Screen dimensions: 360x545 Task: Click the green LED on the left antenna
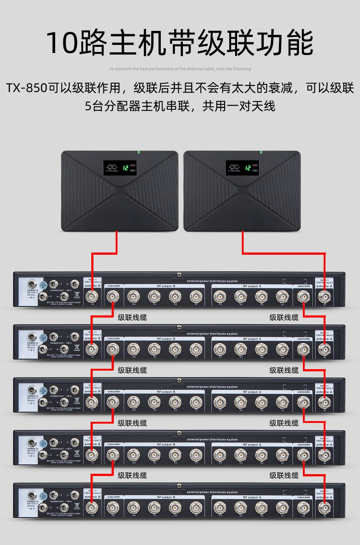(x=138, y=152)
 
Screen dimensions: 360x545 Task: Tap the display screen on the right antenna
(x=242, y=168)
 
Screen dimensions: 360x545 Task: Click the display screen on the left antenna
(x=120, y=168)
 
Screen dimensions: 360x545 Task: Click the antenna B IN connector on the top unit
(x=92, y=296)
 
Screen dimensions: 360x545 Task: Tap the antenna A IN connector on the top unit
(x=324, y=296)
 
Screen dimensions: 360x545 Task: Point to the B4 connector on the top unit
(x=133, y=296)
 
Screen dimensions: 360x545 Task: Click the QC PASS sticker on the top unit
(x=43, y=285)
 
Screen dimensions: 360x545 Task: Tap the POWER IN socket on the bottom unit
(x=32, y=496)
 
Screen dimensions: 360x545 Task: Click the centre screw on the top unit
(x=179, y=275)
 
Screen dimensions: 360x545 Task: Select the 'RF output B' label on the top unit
(x=166, y=286)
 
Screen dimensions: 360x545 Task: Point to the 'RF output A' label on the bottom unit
(x=252, y=497)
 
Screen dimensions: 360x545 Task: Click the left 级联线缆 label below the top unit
(x=132, y=318)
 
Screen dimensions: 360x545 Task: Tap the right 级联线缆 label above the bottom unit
(x=284, y=476)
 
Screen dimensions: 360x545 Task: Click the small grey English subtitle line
(x=180, y=69)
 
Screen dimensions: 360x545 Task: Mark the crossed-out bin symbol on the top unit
(x=77, y=295)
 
